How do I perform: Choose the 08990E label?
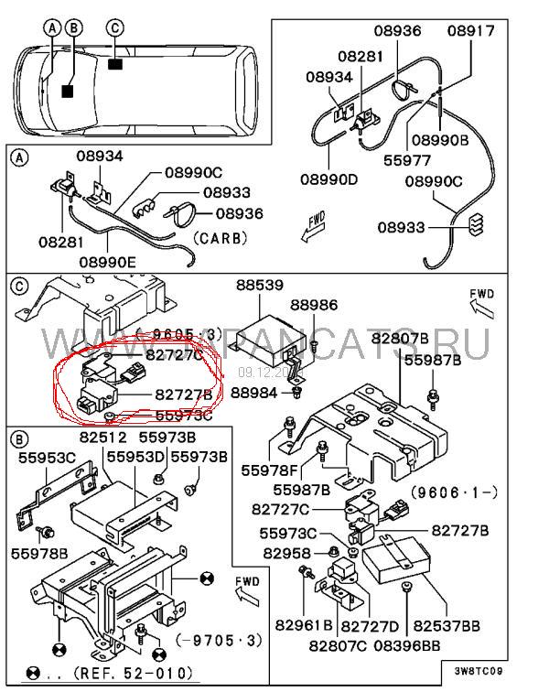point(109,262)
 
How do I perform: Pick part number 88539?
point(261,286)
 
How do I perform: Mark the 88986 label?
point(314,305)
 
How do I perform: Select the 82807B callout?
point(400,340)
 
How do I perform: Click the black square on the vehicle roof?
point(115,64)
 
